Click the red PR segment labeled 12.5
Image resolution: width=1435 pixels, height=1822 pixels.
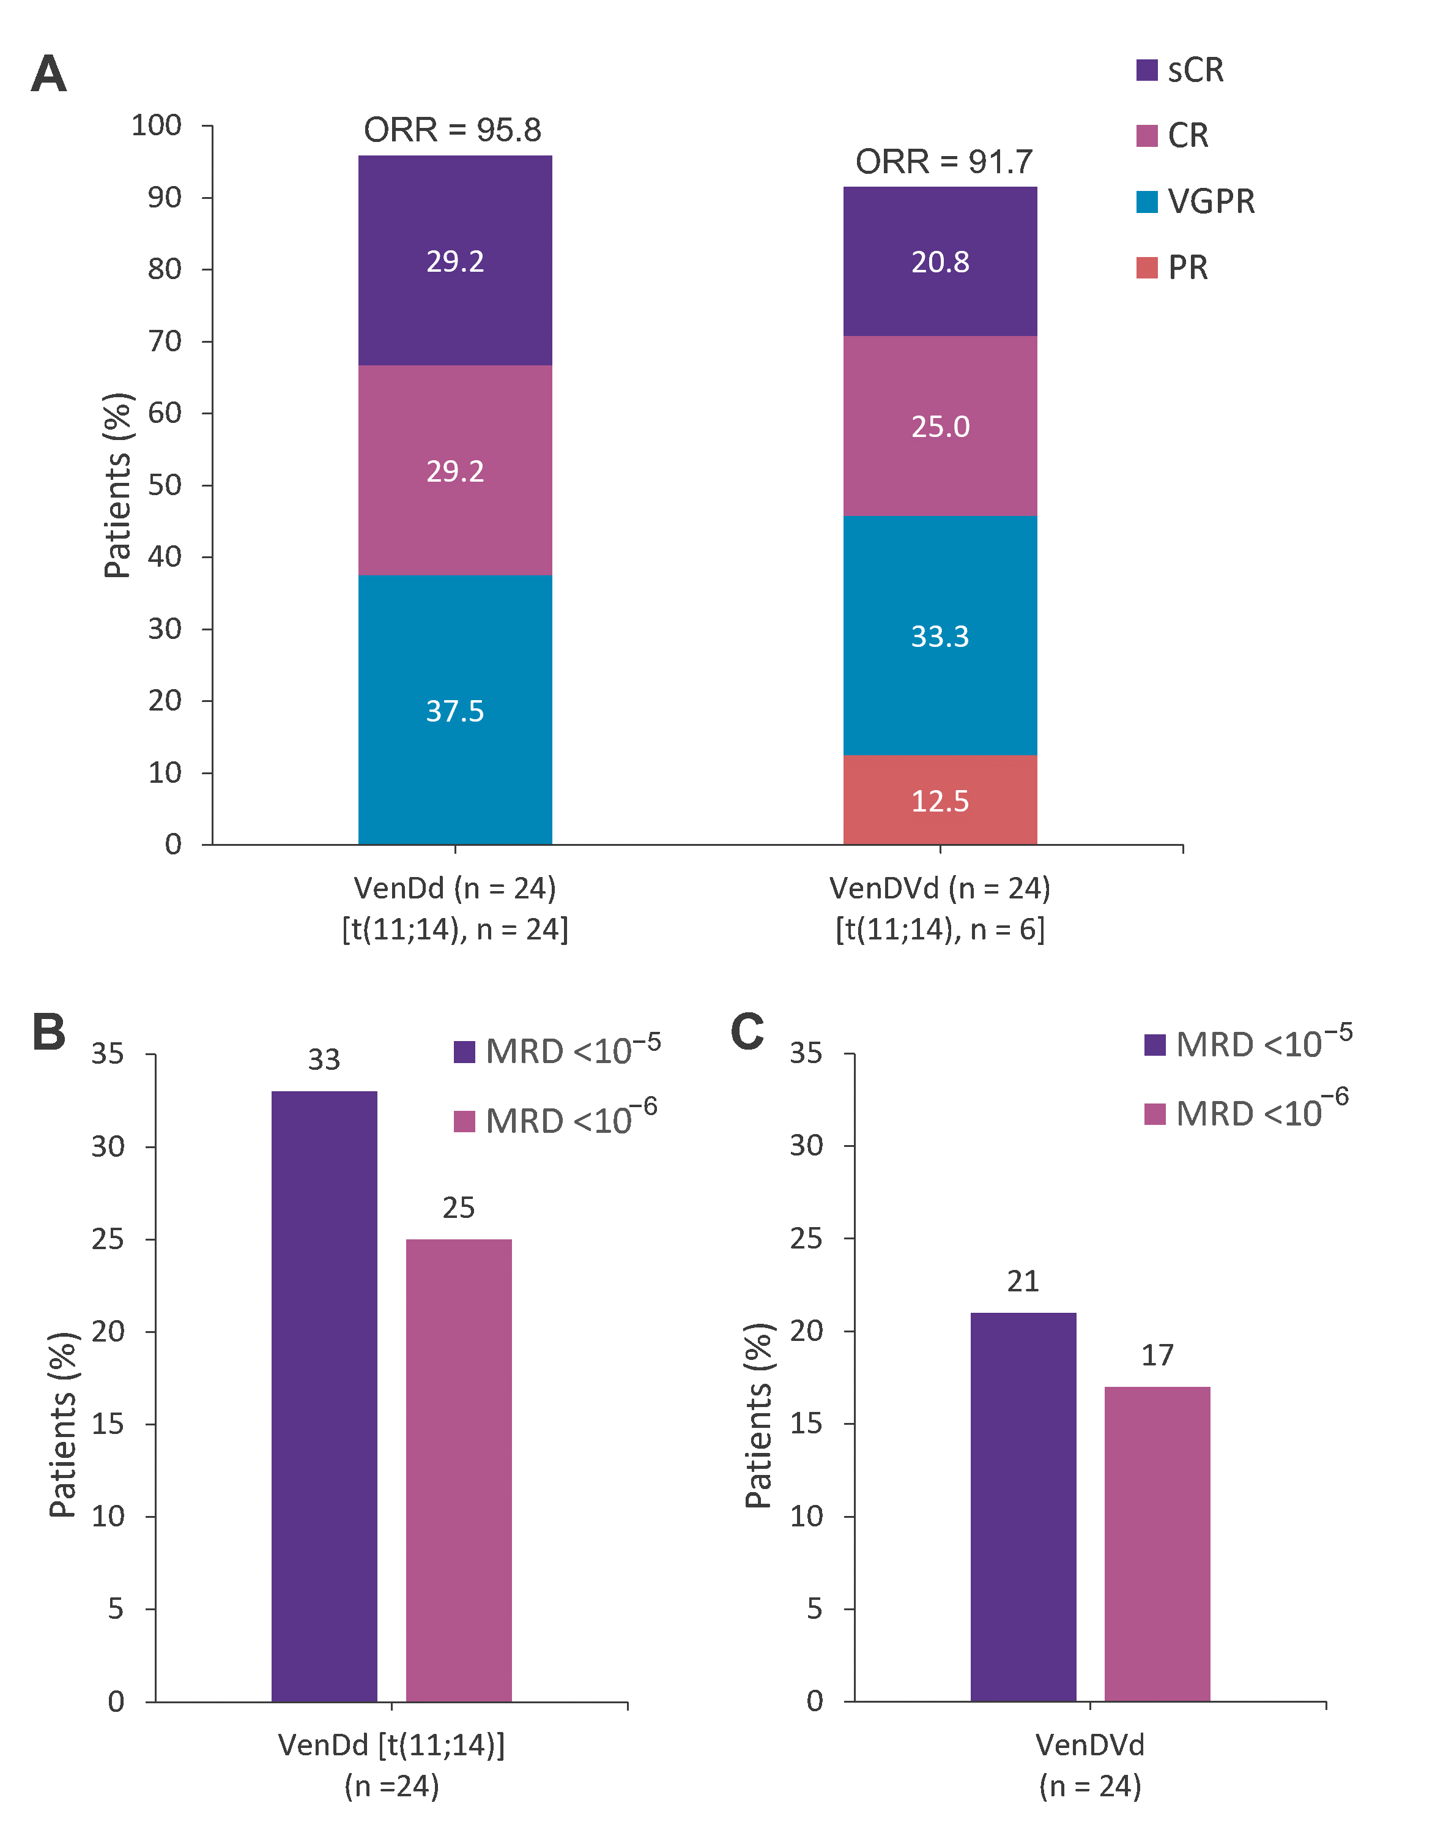(x=940, y=799)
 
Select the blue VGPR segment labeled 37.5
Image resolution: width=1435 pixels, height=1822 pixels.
(x=454, y=709)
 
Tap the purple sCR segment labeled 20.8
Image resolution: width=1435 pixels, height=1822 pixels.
(x=940, y=261)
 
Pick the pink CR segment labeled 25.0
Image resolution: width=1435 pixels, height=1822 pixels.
(x=940, y=425)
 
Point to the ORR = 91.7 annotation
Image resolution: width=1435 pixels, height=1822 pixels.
(x=943, y=162)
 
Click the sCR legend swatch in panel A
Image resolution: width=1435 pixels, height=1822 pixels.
(x=1146, y=70)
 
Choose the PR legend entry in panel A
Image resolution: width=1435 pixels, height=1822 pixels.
(x=1173, y=268)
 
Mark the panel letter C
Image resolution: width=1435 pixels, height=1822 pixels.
(x=747, y=1030)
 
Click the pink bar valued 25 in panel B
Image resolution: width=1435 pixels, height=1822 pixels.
(x=458, y=1470)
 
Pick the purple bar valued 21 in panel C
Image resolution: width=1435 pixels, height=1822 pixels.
(x=1023, y=1506)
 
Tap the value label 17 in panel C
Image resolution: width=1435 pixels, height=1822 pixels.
(x=1157, y=1355)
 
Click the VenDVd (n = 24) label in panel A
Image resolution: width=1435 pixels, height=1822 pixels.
(x=940, y=888)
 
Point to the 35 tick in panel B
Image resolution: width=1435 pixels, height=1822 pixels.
(x=108, y=1054)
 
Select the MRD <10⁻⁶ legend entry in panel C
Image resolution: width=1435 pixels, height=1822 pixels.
(x=1247, y=1113)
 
